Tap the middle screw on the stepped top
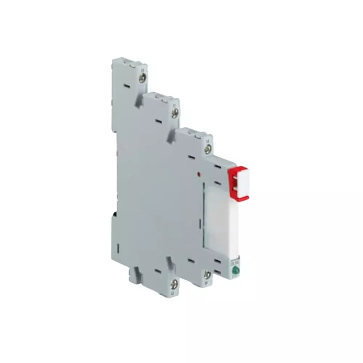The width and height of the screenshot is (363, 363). tap(175, 114)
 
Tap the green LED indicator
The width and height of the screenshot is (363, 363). tap(235, 270)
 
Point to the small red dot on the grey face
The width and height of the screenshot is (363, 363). tap(199, 175)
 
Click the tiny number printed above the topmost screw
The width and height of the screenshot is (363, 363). tap(142, 69)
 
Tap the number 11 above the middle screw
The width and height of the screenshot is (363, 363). tap(174, 105)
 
